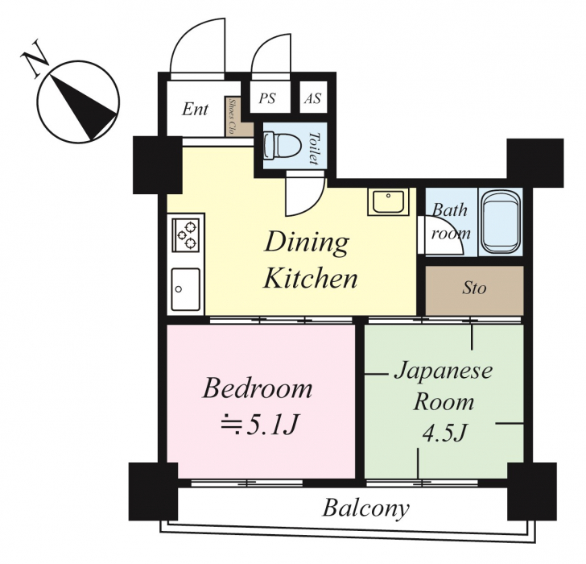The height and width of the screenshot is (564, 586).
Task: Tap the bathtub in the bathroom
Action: point(501,222)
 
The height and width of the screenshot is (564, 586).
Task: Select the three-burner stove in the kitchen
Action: point(185,234)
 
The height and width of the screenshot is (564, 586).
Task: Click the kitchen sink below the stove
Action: point(185,289)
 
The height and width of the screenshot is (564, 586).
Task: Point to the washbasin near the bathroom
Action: point(389,201)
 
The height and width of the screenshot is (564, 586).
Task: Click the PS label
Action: point(267,98)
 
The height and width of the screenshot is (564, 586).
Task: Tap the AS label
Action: point(312,98)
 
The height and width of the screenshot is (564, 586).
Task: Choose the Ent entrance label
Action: point(195,110)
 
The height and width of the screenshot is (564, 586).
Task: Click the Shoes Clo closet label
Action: point(231,116)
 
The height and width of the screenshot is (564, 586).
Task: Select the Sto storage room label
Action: point(474,288)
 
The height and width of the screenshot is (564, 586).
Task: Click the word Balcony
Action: point(366,508)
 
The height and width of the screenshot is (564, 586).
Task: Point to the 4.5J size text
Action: point(444,433)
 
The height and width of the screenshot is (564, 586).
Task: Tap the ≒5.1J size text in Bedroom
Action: point(259,425)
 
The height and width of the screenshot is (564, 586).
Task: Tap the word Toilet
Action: point(314,148)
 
